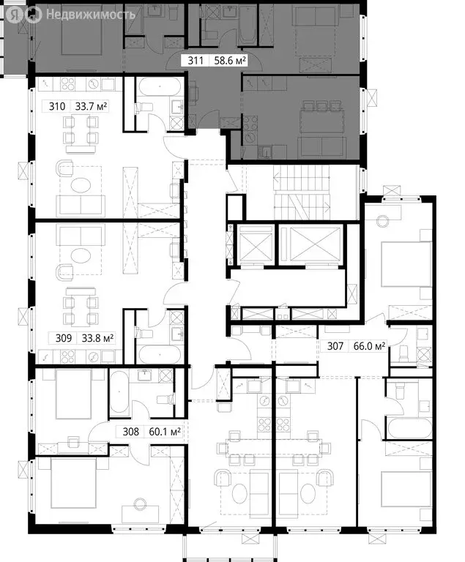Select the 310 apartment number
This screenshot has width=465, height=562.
(x=57, y=106)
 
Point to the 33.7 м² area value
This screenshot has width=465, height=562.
(x=92, y=106)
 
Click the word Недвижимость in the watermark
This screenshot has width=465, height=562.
(x=91, y=13)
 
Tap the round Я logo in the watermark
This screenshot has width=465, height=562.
(x=33, y=13)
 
